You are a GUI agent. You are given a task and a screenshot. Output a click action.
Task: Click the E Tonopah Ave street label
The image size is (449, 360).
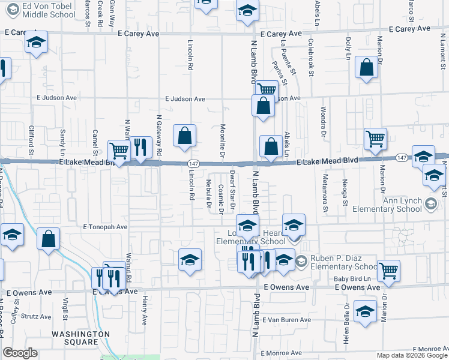tap(106, 227)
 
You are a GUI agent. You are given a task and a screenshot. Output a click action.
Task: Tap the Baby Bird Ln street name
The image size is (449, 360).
tap(355, 278)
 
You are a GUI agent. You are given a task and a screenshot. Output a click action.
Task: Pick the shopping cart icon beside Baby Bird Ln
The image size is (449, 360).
tap(388, 271)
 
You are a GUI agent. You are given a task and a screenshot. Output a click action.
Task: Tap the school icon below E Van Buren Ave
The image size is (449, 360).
tap(364, 312)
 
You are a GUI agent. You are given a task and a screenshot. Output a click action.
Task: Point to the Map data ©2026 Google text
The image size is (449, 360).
tap(412, 355)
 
